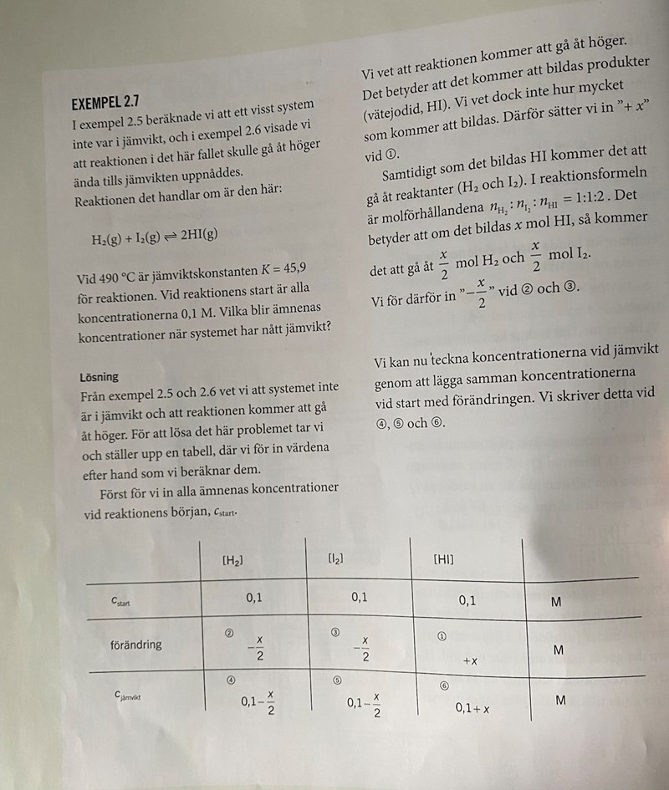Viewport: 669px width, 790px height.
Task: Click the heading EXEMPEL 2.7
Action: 105,103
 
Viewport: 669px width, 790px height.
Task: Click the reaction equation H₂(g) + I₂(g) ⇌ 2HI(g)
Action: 155,235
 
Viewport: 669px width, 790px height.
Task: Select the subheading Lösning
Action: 99,377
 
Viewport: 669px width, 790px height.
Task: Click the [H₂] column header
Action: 232,561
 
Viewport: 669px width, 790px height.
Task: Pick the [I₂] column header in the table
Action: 335,558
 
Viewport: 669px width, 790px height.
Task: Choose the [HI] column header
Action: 443,558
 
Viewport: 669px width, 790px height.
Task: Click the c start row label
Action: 122,601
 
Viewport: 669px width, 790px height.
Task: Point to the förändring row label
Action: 135,645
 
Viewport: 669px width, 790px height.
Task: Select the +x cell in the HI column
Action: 470,660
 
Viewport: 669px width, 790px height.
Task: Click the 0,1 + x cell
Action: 472,709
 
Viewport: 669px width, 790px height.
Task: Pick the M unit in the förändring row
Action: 559,650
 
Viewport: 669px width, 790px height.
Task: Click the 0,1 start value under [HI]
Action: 467,600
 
